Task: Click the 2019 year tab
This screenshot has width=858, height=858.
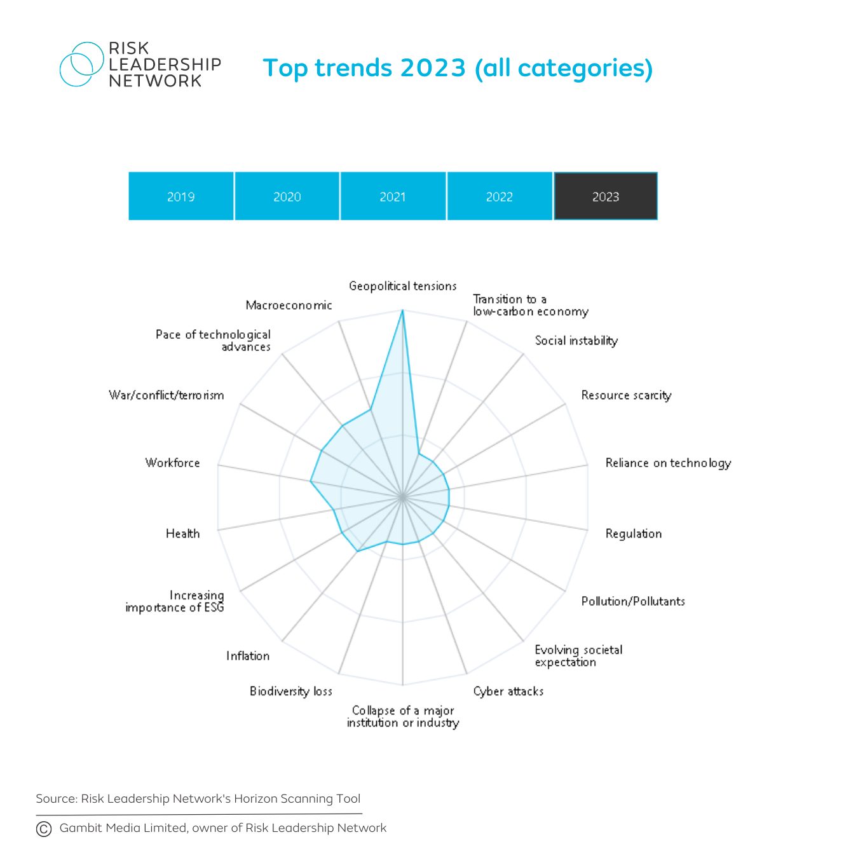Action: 181,196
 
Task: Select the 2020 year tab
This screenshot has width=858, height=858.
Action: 287,196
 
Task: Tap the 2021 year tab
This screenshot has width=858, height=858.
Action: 393,196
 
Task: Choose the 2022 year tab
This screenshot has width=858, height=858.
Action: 500,196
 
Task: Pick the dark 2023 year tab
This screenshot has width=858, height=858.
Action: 606,196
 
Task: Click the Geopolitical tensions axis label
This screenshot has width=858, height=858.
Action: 402,286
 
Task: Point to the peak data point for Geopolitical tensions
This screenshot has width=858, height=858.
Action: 402,311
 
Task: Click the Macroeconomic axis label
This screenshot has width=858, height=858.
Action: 289,305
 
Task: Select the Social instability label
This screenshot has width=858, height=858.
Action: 576,341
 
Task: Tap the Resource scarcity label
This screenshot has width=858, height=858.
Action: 626,395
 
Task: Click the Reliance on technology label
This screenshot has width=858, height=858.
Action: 668,463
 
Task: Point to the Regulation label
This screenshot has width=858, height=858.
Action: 634,534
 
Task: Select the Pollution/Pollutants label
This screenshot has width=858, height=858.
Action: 633,601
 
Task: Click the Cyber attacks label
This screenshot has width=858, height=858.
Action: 508,691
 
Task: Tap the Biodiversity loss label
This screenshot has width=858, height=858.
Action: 290,691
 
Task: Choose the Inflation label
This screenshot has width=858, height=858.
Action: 248,656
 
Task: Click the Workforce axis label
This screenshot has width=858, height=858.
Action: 172,463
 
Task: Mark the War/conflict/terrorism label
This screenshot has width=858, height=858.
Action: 167,395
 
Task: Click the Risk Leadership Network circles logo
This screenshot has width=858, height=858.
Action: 81,64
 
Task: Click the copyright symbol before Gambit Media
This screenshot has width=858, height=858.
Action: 44,829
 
